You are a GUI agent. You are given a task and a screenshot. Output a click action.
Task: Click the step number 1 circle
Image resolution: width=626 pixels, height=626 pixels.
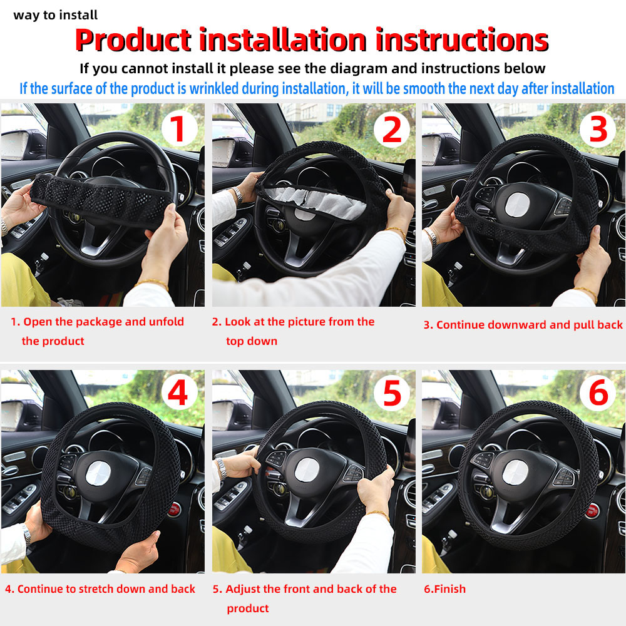click(x=179, y=130)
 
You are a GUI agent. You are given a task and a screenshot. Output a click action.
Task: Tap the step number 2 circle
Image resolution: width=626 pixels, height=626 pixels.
click(x=391, y=130)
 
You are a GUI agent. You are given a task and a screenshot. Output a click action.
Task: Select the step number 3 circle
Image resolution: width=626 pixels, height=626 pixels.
click(x=598, y=128)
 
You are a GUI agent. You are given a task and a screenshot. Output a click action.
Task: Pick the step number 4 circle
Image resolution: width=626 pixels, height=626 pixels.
click(x=179, y=394)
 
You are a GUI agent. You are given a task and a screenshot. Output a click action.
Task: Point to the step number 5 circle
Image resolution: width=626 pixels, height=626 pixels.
click(x=391, y=394)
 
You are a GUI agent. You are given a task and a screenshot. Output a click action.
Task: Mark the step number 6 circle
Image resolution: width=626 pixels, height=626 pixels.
click(x=598, y=394)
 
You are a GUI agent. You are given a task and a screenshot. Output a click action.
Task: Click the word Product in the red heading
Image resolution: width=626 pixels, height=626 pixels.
click(x=133, y=40)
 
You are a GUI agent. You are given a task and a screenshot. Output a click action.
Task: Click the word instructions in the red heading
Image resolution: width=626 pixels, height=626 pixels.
click(x=461, y=40)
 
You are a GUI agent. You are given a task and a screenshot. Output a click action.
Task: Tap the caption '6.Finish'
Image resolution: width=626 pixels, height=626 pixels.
click(x=444, y=589)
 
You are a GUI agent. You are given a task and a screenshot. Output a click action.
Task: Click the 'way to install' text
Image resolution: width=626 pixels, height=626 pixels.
click(x=55, y=15)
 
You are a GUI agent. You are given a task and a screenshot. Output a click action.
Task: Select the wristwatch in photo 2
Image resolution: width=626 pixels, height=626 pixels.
click(x=236, y=195)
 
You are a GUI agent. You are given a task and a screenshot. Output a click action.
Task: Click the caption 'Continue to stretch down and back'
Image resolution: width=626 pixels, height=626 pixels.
click(x=100, y=589)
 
